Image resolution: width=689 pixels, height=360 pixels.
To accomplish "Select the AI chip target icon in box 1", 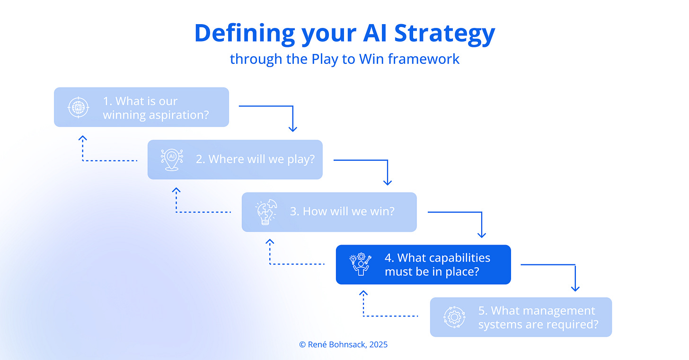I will pos(78,107).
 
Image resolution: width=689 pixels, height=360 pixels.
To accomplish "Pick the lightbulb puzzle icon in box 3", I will pos(265,212).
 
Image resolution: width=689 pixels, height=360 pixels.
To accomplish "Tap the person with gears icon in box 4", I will pos(360,264).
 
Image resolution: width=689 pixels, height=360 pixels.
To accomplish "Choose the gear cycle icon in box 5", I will pos(454,317).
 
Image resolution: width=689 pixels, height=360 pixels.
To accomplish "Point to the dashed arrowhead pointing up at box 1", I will pos(83,138).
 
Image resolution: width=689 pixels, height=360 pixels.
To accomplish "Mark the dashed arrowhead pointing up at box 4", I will pos(363,294).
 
